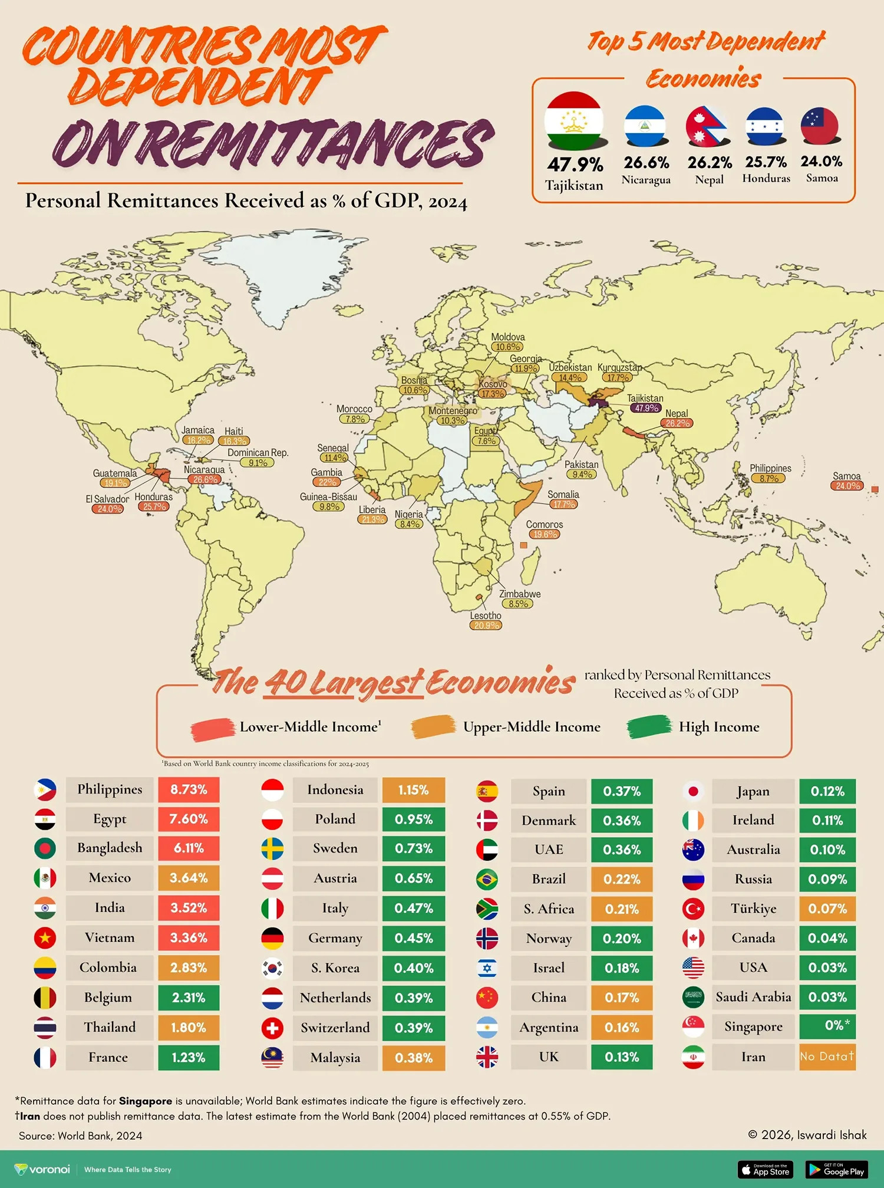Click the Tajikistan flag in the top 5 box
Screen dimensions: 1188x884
pyautogui.click(x=573, y=121)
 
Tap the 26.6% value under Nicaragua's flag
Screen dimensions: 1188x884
pyautogui.click(x=646, y=162)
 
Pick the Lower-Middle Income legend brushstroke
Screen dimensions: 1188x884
pyautogui.click(x=212, y=729)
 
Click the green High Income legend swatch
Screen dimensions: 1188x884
pyautogui.click(x=649, y=726)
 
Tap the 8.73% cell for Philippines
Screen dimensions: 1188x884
pyautogui.click(x=189, y=789)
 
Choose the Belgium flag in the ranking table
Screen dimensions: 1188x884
pyautogui.click(x=45, y=998)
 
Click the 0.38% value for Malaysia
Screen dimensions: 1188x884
pyautogui.click(x=413, y=1058)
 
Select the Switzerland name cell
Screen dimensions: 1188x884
pyautogui.click(x=335, y=1028)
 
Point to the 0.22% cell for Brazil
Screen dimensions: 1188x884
pyautogui.click(x=621, y=879)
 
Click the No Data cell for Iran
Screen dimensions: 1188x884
pyautogui.click(x=826, y=1057)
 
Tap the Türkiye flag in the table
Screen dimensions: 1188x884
pyautogui.click(x=693, y=909)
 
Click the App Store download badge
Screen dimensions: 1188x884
pyautogui.click(x=765, y=1169)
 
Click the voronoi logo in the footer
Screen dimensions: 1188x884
pyautogui.click(x=42, y=1169)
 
